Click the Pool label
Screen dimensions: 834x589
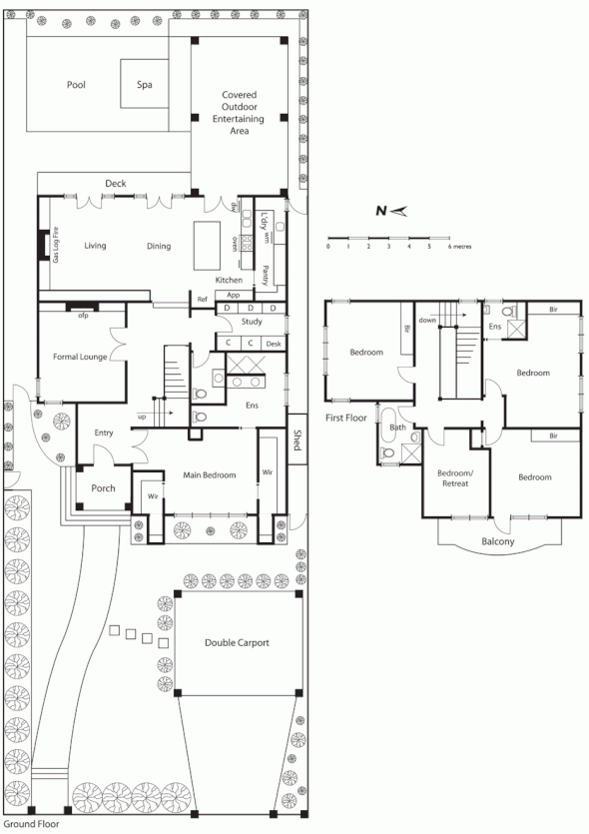(76, 85)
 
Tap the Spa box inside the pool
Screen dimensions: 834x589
(144, 85)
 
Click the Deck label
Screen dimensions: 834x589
(115, 184)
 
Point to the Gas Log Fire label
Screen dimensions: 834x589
(57, 244)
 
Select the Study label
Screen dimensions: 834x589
(252, 322)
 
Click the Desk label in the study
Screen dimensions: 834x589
(274, 343)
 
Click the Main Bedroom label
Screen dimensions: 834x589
(211, 475)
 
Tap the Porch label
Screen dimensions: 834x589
(103, 488)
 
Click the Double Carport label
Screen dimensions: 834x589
(237, 643)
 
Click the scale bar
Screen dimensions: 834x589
(388, 238)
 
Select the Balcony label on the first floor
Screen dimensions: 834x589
(497, 542)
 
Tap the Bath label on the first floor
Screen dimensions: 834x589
(397, 427)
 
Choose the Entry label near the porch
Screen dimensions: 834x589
(103, 432)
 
